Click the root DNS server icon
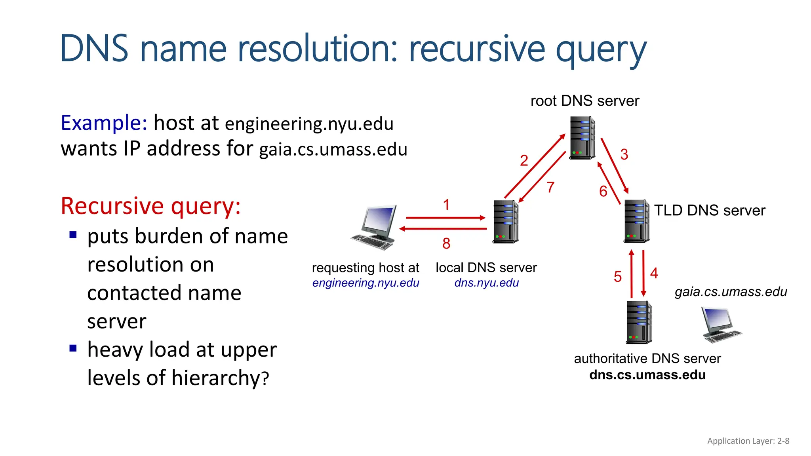582,138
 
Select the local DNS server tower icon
505,222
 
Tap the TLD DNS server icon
636,221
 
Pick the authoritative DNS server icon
638,322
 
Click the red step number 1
446,205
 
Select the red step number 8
446,243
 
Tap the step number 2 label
524,161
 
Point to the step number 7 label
550,187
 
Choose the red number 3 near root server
624,154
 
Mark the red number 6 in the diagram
603,192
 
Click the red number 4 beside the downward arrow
654,273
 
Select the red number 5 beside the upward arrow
618,277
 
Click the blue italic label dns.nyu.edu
486,283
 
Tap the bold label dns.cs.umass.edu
647,375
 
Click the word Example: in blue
104,123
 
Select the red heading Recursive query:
150,206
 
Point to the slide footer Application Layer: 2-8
748,441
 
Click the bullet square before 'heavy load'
73,348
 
